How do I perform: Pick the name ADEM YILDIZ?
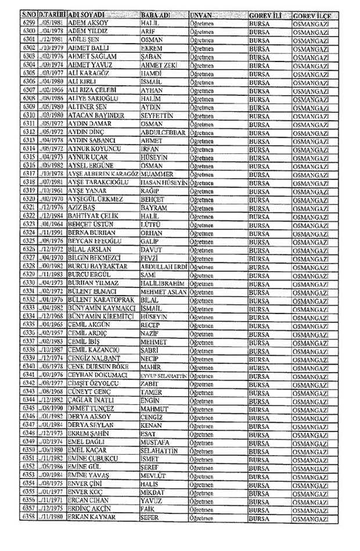pyautogui.click(x=89, y=30)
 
